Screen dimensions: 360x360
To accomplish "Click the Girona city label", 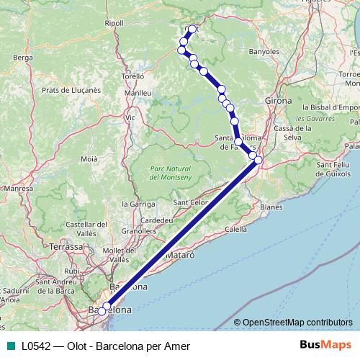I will [278, 101].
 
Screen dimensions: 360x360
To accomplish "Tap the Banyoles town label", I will [264, 52].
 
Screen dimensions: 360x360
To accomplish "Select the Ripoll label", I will [114, 23].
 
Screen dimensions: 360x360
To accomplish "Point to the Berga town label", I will [24, 57].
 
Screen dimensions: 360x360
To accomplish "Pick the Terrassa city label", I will [68, 246].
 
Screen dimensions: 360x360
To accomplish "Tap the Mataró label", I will [180, 255].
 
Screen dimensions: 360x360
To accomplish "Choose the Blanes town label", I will [271, 207].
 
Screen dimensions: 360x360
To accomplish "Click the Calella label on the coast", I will [235, 229].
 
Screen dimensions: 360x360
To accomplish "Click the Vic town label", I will [130, 117].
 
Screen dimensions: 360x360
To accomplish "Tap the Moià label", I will [89, 158].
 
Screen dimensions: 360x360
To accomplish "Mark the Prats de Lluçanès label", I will [71, 90].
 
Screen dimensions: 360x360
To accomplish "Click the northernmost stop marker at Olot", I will [192, 30].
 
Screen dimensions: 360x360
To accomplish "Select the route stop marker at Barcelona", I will [105, 308].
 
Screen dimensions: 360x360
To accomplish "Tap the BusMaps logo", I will [326, 346].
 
